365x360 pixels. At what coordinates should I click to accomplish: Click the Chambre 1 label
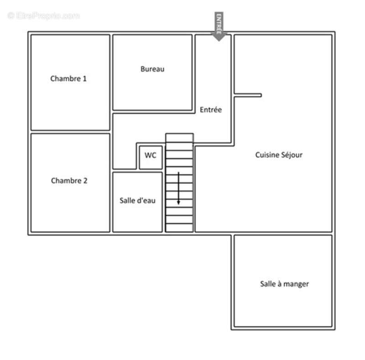coord(68,78)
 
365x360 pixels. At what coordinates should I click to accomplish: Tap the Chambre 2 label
coord(69,181)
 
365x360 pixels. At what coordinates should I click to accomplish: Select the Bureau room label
coord(152,69)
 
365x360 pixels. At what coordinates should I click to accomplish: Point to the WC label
coord(151,155)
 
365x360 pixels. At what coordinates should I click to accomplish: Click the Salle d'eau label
coord(137,200)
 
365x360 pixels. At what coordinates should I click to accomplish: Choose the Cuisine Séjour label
coord(279,155)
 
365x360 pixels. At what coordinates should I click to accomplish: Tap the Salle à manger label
coord(284,284)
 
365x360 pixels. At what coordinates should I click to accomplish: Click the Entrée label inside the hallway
coord(210,110)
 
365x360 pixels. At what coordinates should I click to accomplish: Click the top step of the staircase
coord(179,137)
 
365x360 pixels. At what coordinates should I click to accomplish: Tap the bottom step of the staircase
coord(179,228)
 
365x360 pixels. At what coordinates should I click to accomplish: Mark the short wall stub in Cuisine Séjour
coord(248,95)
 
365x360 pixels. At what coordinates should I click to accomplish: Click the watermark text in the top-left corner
coord(44,16)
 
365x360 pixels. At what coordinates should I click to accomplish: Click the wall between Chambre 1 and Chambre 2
coord(70,132)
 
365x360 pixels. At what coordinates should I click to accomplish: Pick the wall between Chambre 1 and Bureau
coord(111,73)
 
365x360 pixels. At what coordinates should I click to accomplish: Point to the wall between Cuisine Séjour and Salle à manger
coord(283,234)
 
